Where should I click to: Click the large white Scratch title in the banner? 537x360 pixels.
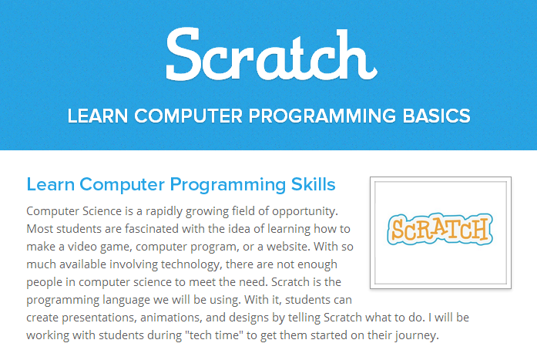coord(272,55)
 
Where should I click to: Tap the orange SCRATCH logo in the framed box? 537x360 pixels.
coord(440,229)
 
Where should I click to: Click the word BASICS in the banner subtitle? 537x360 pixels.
coord(436,116)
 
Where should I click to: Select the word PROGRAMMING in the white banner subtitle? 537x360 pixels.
coord(322,116)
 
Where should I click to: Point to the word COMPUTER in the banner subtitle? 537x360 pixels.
coord(188,116)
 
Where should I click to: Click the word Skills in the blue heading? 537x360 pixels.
coord(313,184)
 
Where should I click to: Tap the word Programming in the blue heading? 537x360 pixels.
coord(228,185)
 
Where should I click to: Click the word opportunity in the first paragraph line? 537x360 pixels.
coord(305,212)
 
